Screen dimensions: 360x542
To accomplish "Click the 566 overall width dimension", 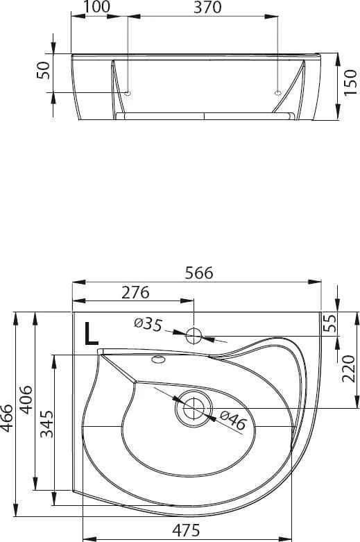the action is click(x=199, y=273).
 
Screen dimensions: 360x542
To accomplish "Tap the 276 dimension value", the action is click(x=135, y=292).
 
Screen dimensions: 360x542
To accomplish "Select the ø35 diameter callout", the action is click(x=148, y=324).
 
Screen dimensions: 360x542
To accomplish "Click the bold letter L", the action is click(x=91, y=334).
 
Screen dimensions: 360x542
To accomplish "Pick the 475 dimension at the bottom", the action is click(x=186, y=530).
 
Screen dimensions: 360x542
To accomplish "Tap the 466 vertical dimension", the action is click(x=7, y=418).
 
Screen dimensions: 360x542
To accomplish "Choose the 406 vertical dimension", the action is click(x=26, y=400).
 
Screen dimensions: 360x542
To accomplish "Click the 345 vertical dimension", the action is click(x=46, y=424).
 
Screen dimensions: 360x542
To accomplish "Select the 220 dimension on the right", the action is click(x=348, y=368).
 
